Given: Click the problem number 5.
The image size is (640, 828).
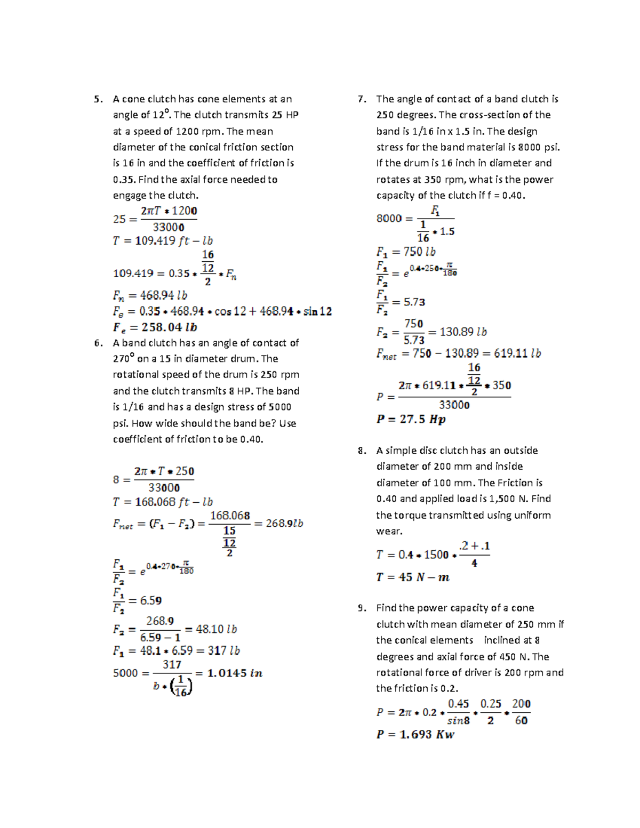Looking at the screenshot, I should click(x=98, y=99).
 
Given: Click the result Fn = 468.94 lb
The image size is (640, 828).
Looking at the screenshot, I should click(x=150, y=295).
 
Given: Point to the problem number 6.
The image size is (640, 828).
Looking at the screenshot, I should click(x=98, y=343).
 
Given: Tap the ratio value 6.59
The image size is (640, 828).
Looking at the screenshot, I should click(x=151, y=601).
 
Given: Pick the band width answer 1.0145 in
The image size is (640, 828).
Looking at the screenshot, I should click(x=235, y=673).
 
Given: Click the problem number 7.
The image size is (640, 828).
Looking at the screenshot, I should click(x=362, y=99).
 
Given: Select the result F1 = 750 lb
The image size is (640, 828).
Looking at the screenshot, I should click(x=406, y=252).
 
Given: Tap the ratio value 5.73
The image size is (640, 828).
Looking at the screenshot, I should click(x=414, y=302).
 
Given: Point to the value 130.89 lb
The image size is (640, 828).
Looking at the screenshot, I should click(x=463, y=332).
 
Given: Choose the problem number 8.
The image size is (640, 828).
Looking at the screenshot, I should click(x=362, y=451).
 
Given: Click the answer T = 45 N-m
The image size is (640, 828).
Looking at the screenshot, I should click(x=413, y=577).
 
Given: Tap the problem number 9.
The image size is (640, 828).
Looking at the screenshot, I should click(x=362, y=608).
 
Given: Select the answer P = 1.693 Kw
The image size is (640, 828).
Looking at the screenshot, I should click(x=415, y=734).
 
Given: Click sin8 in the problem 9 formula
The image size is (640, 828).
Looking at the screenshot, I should click(x=458, y=720).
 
